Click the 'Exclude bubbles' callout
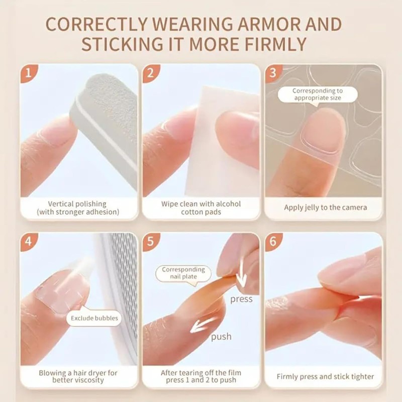coord(94,318)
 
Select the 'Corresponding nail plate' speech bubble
coord(183,273)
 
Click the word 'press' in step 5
coord(241,299)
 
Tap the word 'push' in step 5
coord(221,336)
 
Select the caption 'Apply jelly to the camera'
coord(325,207)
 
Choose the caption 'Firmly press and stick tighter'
coord(325,376)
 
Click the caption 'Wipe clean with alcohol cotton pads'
coord(201,208)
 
